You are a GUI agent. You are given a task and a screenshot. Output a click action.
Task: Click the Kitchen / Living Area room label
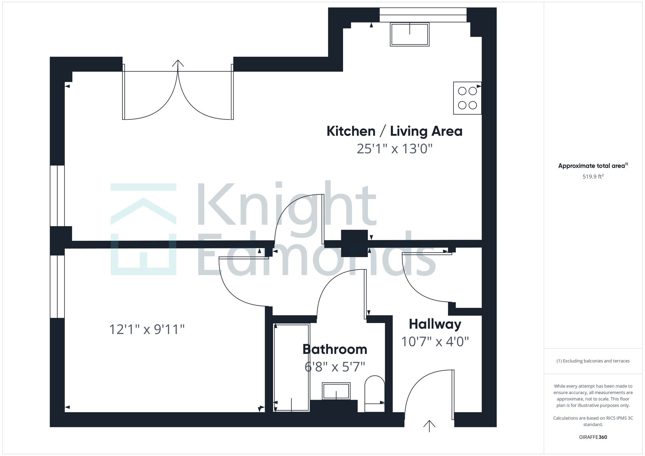click(x=394, y=131)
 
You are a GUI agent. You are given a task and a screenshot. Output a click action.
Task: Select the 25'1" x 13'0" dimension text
click(x=394, y=149)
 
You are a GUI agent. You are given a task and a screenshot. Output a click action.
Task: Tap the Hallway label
click(x=435, y=325)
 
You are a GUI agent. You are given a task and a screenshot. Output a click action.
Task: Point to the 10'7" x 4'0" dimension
click(x=435, y=342)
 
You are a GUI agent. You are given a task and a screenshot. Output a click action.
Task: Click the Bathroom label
click(x=335, y=349)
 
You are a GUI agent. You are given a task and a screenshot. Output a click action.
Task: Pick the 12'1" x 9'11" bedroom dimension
click(x=147, y=329)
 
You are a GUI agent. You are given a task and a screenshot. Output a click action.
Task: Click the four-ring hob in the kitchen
click(x=467, y=98)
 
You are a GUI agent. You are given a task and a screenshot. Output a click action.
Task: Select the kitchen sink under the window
click(x=410, y=34)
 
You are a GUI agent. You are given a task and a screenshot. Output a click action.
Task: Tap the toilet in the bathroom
click(x=375, y=393)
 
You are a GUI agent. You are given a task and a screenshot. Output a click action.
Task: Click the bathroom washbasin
click(x=336, y=391)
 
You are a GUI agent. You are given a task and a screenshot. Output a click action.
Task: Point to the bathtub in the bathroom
click(x=291, y=367)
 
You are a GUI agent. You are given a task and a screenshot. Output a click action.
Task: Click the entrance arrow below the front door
click(x=429, y=426)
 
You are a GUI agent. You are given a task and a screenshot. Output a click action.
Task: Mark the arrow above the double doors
click(x=178, y=63)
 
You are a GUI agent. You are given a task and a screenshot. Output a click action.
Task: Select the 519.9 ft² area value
click(x=593, y=176)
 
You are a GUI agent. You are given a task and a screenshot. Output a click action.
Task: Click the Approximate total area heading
click(x=593, y=166)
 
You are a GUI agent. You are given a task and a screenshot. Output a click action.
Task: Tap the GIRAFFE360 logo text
click(x=593, y=437)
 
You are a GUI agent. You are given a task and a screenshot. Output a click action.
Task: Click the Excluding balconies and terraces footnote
click(x=593, y=361)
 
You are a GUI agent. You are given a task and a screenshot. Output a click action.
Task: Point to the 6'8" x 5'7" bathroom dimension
click(x=335, y=367)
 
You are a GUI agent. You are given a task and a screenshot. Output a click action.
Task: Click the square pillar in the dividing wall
click(x=354, y=243)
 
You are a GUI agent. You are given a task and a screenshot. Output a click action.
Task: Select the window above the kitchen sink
click(x=423, y=15)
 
